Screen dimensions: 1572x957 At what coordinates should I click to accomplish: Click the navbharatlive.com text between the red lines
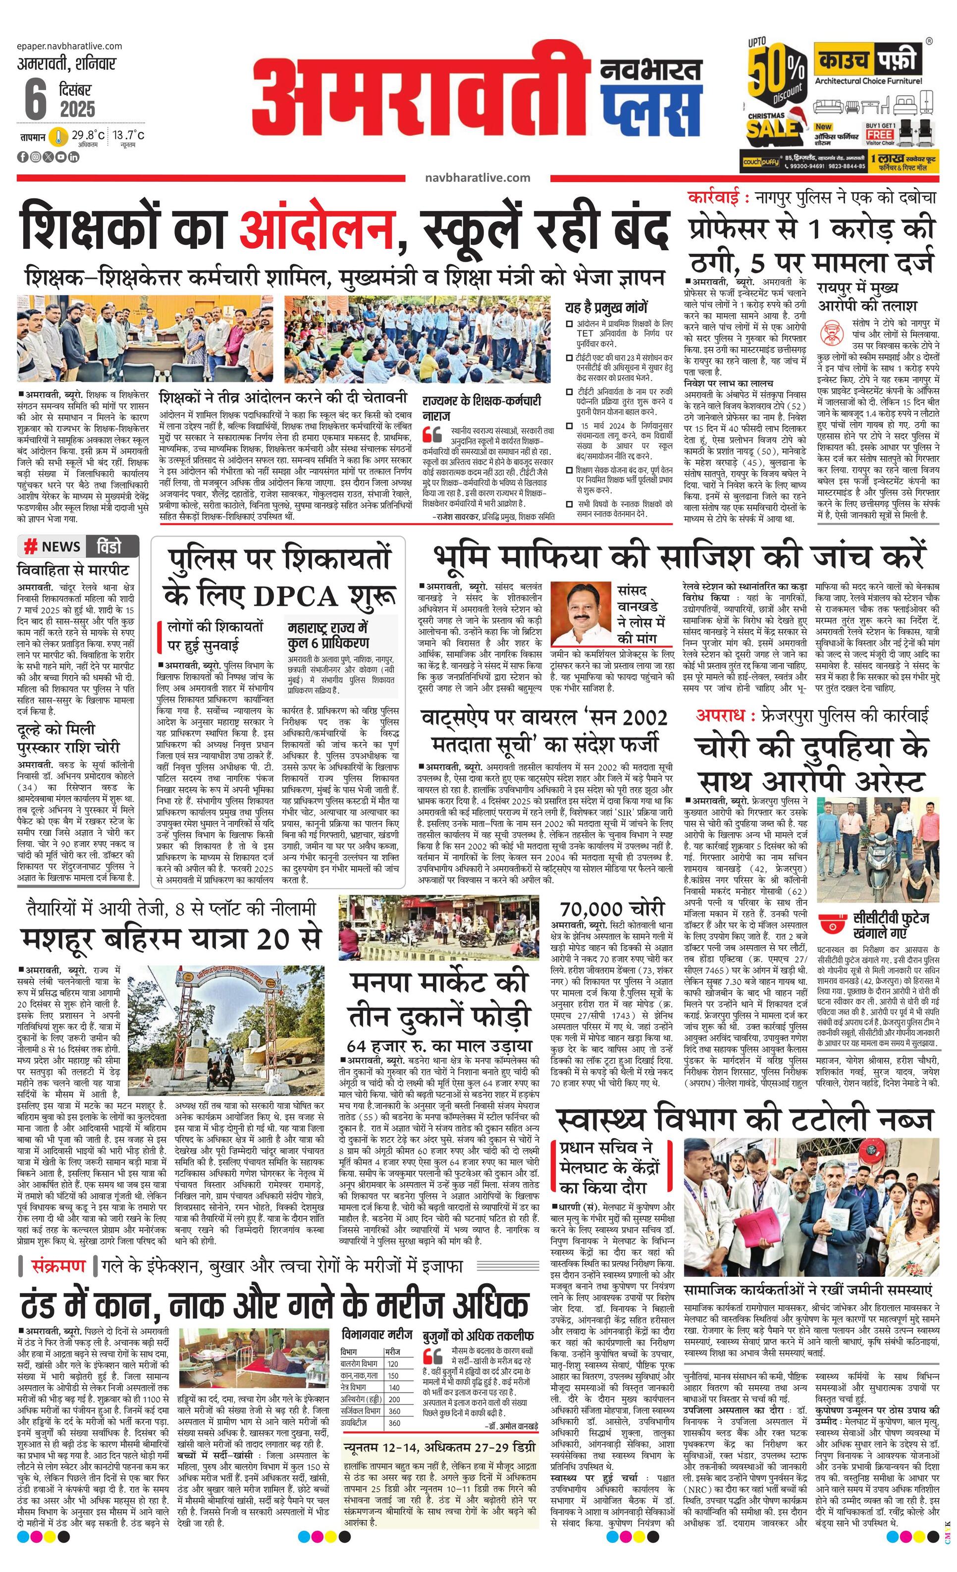tap(477, 178)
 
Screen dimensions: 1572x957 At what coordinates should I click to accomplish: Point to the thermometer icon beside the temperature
tap(59, 137)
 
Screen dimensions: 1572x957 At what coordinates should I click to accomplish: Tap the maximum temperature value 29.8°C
tap(88, 135)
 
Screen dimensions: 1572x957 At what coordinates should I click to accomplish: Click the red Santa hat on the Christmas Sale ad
tap(797, 114)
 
